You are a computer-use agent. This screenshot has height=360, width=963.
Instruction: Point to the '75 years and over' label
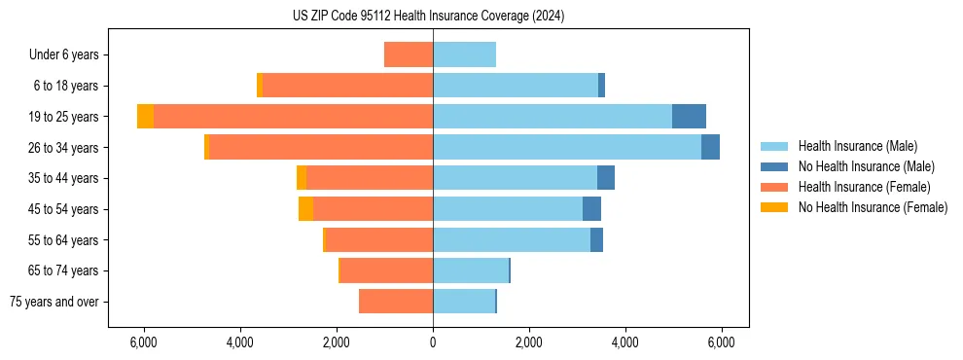click(54, 302)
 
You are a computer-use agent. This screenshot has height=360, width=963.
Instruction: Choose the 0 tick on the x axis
click(433, 342)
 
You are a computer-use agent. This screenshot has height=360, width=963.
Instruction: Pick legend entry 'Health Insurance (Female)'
click(864, 187)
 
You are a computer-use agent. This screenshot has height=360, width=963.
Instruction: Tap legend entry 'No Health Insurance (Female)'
click(873, 207)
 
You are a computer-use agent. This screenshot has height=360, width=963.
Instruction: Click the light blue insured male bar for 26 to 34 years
click(566, 147)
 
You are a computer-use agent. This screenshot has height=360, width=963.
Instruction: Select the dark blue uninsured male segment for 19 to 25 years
click(689, 117)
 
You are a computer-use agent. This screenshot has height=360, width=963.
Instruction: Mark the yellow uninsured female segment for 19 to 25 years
click(145, 117)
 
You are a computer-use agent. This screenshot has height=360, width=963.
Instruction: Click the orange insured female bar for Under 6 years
click(409, 55)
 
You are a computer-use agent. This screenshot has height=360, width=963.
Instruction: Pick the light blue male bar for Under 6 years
click(464, 55)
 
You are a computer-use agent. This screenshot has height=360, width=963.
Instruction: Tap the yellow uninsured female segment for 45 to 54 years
click(305, 209)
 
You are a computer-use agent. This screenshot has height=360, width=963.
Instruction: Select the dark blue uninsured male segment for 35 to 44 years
click(606, 178)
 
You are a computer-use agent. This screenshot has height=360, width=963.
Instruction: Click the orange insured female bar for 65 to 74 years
click(386, 270)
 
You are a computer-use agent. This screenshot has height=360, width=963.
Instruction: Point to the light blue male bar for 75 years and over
click(464, 302)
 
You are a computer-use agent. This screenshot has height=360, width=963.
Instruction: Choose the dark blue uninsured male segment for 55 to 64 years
click(596, 239)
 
